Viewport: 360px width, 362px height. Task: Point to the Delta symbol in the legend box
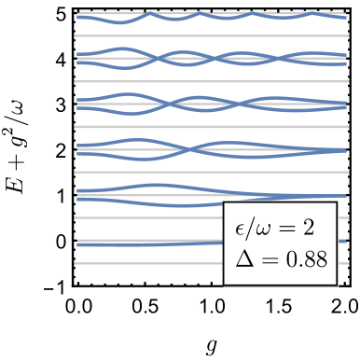pyautogui.click(x=244, y=258)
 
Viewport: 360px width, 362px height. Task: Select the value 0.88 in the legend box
pyautogui.click(x=306, y=258)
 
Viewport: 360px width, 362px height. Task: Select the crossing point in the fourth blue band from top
pyautogui.click(x=191, y=149)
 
